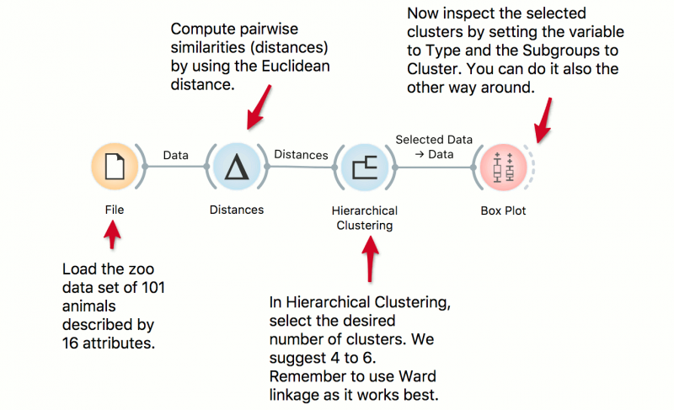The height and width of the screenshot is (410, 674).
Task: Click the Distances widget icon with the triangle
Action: [x=236, y=168]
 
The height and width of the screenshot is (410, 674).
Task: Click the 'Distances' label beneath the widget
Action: [x=236, y=210]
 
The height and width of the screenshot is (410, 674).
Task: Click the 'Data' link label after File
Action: [x=175, y=155]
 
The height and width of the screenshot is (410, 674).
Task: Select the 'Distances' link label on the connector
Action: [x=301, y=155]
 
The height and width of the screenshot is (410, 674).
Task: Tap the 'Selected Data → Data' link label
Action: [x=434, y=146]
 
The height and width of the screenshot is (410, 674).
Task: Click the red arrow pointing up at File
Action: [x=110, y=237]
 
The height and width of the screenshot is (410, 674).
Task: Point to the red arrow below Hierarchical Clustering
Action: [x=368, y=258]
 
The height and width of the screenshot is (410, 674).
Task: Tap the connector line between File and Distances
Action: [x=175, y=167]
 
